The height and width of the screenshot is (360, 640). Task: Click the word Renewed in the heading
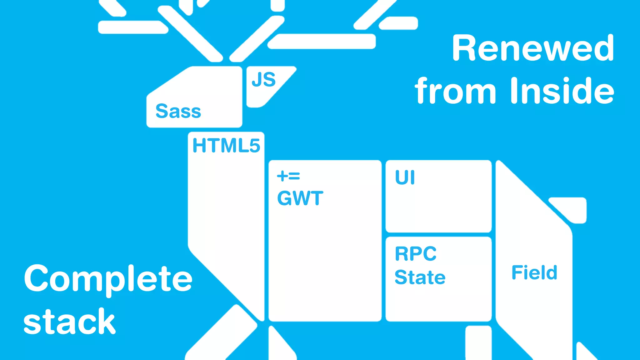(x=533, y=48)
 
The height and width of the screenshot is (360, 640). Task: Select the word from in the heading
(x=455, y=91)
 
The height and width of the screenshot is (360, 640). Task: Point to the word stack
(x=69, y=322)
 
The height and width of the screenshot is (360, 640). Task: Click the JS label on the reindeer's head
(x=264, y=79)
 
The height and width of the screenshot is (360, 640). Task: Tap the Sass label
(x=178, y=111)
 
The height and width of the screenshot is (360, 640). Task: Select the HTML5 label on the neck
(x=226, y=146)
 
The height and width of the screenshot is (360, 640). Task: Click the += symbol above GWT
(x=288, y=176)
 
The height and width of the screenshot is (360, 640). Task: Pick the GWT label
(x=300, y=198)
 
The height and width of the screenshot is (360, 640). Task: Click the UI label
(x=405, y=177)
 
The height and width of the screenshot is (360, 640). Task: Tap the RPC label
(x=416, y=253)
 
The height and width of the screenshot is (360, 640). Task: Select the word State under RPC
(x=420, y=277)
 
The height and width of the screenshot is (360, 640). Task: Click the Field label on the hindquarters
(x=534, y=272)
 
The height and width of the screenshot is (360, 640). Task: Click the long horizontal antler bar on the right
(x=322, y=42)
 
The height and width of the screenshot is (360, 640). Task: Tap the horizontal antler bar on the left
(x=133, y=27)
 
